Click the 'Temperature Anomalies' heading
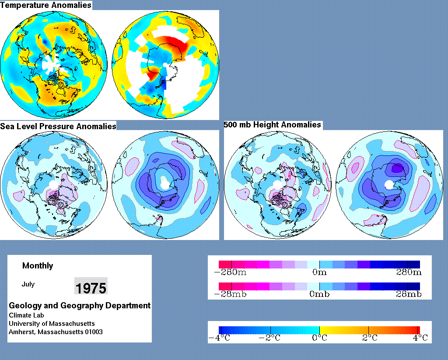tap(45, 5)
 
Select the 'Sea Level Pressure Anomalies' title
tap(58, 127)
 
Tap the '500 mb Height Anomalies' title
tap(272, 125)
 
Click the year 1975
tap(91, 288)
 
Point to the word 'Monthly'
tap(38, 266)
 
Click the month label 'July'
tap(28, 284)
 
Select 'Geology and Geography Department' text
tap(80, 306)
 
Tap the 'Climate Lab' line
tap(26, 315)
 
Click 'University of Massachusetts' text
tap(52, 324)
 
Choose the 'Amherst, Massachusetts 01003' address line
tap(56, 332)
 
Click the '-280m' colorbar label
tap(230, 272)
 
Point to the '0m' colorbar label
tap(319, 272)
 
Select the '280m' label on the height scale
tap(409, 272)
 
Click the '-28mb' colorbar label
tap(230, 294)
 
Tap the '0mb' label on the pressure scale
tap(319, 294)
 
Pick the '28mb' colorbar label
tap(409, 294)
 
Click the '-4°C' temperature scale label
tap(219, 338)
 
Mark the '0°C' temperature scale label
tap(319, 338)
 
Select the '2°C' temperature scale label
tap(370, 338)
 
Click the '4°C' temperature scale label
tap(420, 338)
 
